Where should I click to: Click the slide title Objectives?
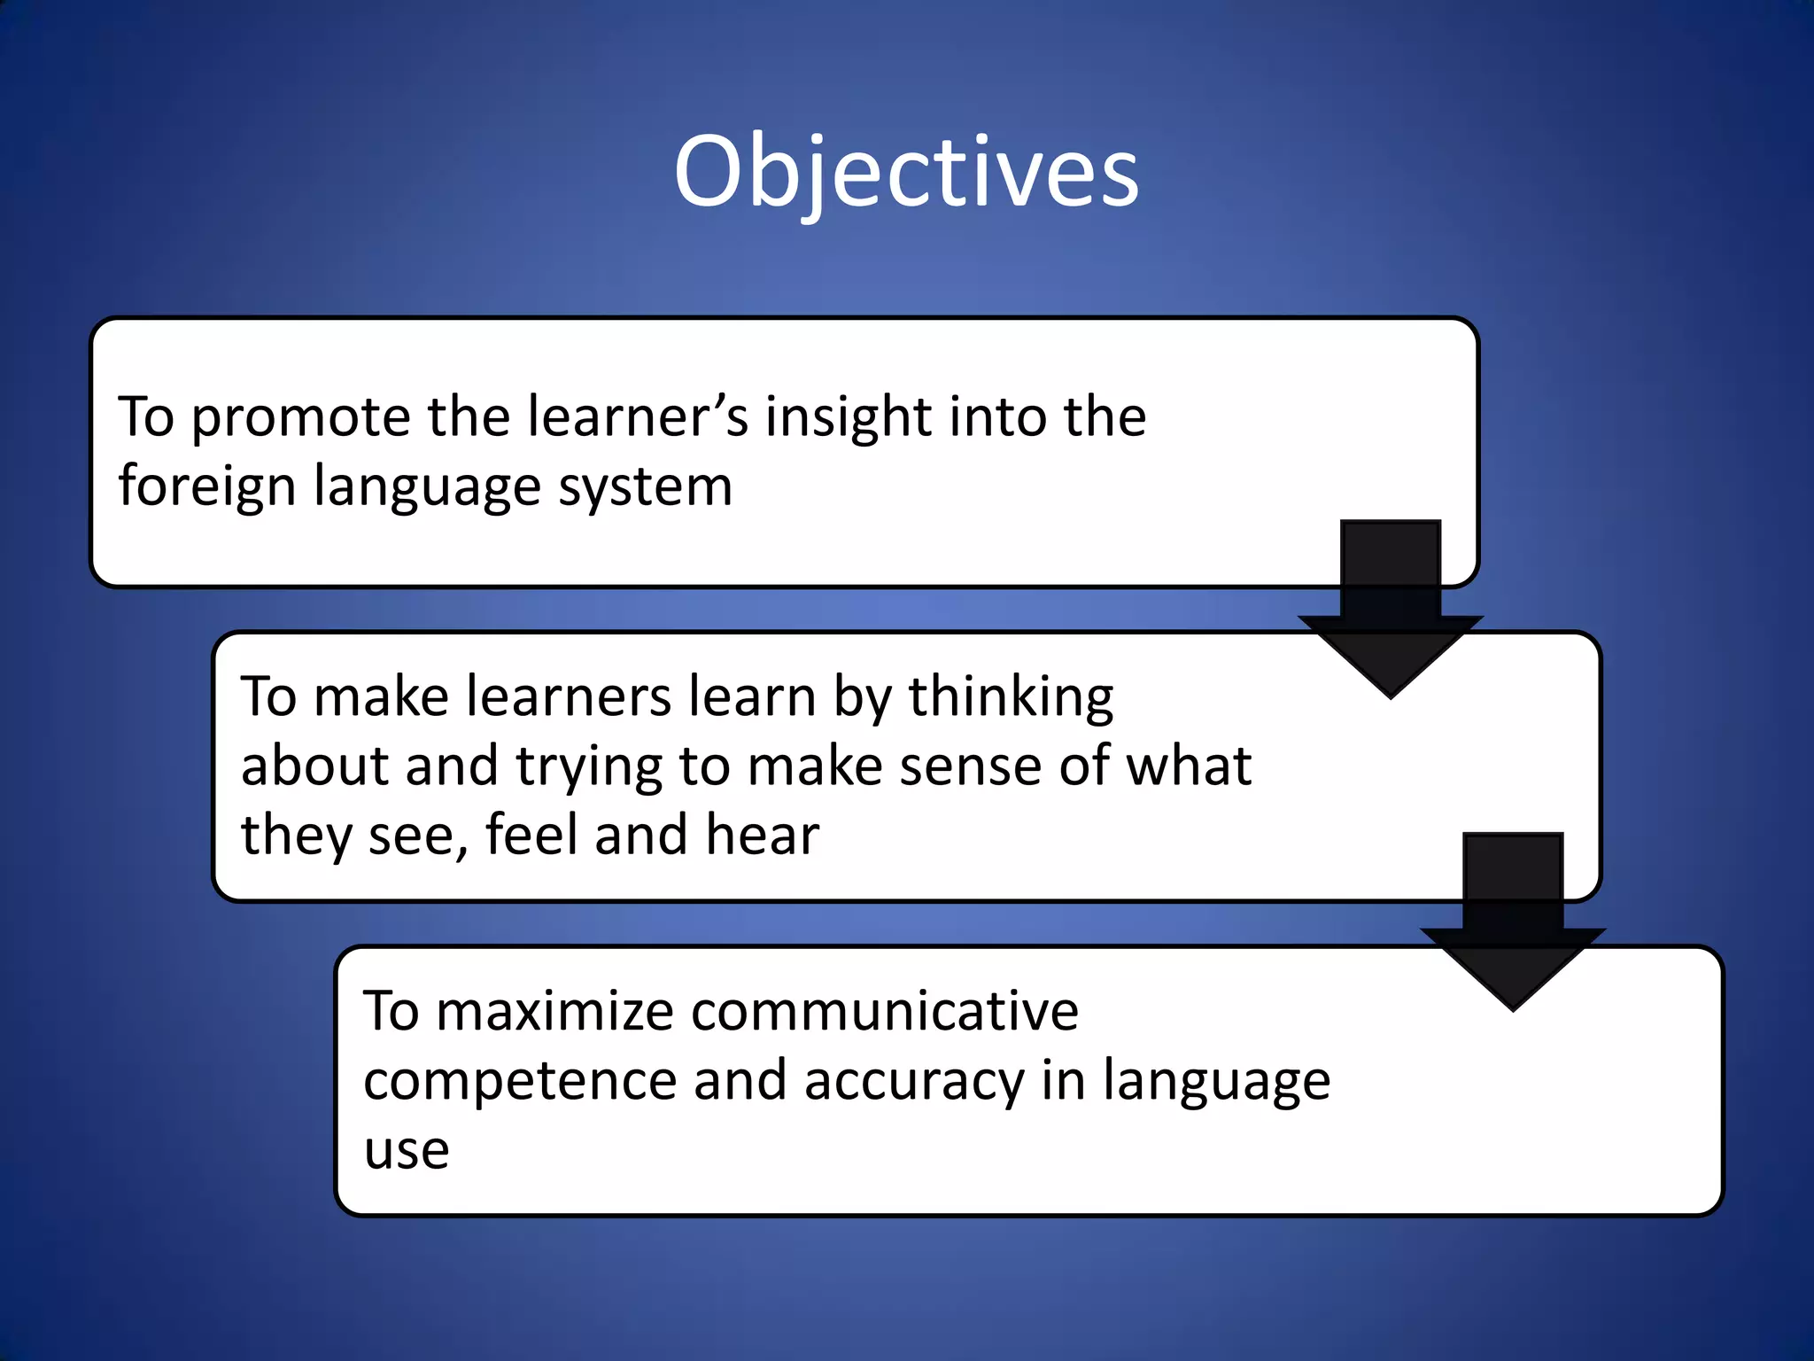tap(906, 173)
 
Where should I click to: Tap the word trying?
tap(589, 767)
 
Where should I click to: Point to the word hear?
tap(763, 836)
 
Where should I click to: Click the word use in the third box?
tap(407, 1151)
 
